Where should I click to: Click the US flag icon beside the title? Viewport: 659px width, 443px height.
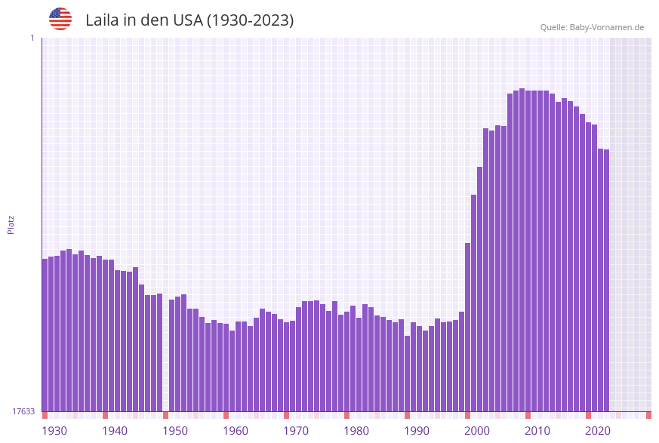(60, 19)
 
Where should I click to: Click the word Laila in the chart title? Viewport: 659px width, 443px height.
(102, 20)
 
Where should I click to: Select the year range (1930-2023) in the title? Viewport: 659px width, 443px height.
(251, 20)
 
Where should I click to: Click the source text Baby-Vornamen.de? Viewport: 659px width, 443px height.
(606, 27)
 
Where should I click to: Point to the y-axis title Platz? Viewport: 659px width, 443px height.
(11, 224)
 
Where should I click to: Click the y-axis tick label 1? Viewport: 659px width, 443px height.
(32, 38)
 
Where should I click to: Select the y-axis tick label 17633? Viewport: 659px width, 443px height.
(23, 411)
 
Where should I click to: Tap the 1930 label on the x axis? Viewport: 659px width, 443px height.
(54, 431)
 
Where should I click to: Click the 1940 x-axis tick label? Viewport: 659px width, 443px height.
(115, 431)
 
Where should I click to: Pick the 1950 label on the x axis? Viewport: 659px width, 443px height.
(175, 431)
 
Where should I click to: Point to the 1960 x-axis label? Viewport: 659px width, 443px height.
(236, 431)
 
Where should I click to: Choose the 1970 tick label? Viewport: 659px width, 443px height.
(296, 431)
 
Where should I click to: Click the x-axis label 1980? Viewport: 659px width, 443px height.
(356, 431)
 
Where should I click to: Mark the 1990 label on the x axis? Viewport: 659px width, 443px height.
(417, 431)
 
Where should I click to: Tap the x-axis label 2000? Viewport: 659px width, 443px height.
(477, 431)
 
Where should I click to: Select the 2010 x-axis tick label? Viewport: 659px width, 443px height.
(537, 431)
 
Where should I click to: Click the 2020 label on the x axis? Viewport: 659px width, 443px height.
(598, 431)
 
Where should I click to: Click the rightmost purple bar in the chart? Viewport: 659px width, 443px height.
(606, 279)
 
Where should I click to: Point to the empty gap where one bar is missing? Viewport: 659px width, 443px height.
(165, 355)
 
